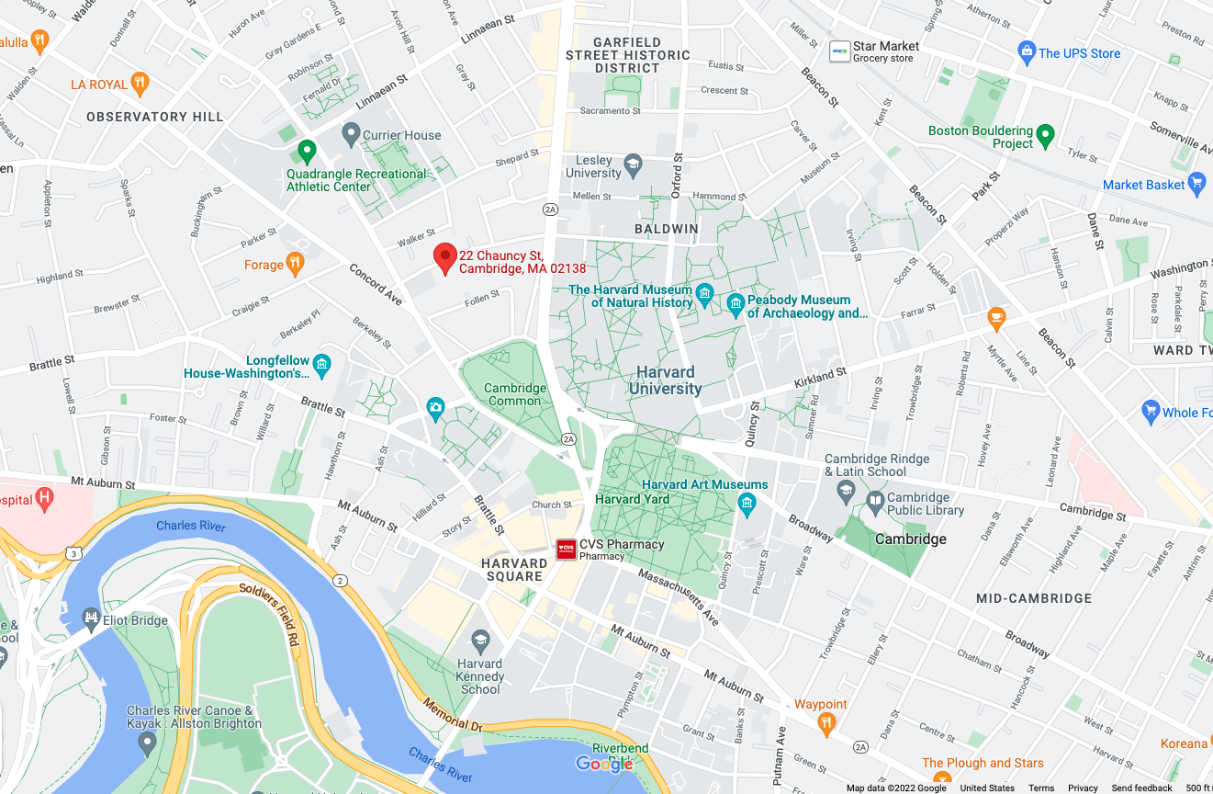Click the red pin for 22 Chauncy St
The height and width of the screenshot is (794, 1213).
(x=445, y=257)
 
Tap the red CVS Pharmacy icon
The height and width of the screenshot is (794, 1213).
(x=567, y=550)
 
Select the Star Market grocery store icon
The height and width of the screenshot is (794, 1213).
(x=839, y=51)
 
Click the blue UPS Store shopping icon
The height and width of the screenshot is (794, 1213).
(x=1027, y=52)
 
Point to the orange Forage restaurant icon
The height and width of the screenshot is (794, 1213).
(x=295, y=265)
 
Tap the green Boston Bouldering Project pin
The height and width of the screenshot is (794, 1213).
(x=1045, y=137)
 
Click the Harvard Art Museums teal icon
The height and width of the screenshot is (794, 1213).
(x=747, y=503)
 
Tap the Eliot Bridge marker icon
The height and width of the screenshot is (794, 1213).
(x=91, y=618)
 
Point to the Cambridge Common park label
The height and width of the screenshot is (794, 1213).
(x=514, y=394)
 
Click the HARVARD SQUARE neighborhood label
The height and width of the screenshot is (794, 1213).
(x=514, y=570)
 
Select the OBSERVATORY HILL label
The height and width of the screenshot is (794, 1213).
(x=155, y=117)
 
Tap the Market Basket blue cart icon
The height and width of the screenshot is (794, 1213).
(x=1196, y=184)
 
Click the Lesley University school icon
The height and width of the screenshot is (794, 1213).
(x=633, y=165)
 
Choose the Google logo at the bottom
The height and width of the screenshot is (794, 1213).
(x=604, y=764)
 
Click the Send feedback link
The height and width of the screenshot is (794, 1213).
(x=1141, y=788)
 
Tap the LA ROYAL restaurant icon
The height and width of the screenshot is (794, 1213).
(x=140, y=84)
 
